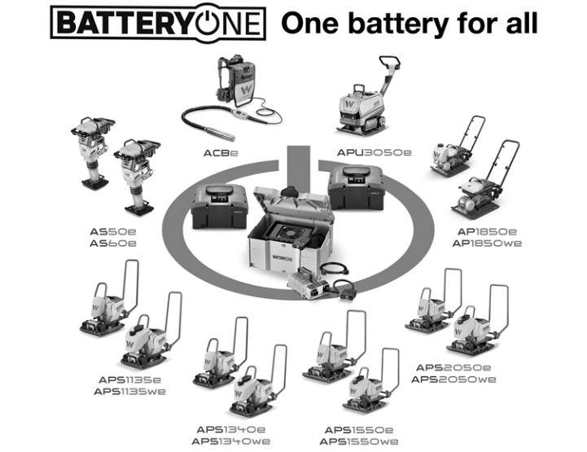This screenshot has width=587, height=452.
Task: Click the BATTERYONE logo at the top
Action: tap(158, 22)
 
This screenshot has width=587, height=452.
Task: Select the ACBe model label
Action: tap(221, 152)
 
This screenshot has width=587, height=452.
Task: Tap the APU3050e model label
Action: tap(375, 152)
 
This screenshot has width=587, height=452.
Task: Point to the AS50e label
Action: tap(113, 232)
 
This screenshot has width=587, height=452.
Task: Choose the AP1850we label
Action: tap(489, 243)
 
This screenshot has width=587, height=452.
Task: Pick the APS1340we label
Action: tap(232, 441)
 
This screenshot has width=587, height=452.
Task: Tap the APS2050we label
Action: tap(453, 379)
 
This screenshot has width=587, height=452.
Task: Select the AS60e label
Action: tap(113, 244)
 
